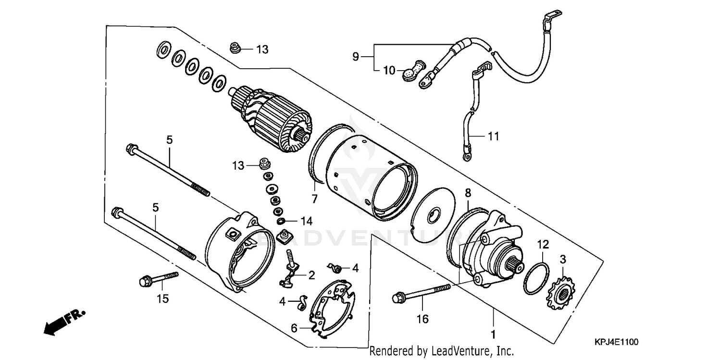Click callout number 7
coord(315,198)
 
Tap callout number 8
coord(468,193)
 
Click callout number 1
coord(493,333)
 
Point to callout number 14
coord(307,221)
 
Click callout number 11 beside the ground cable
coord(494,137)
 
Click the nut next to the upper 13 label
coord(236,48)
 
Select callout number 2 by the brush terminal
coord(311,275)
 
